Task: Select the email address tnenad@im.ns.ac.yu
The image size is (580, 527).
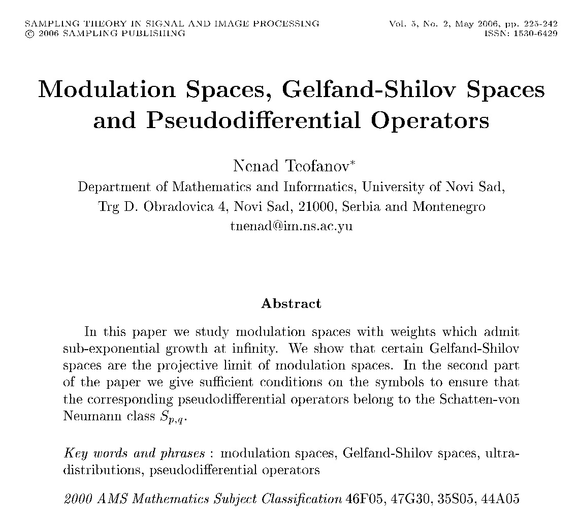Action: (x=291, y=226)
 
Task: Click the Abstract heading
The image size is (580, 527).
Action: (x=291, y=304)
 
